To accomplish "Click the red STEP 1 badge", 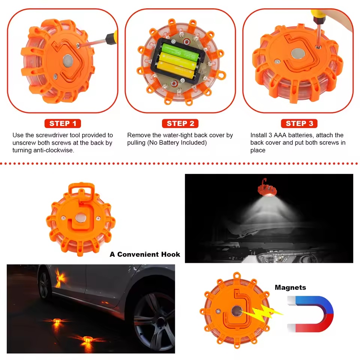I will tap(63, 123).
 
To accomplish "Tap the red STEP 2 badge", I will tap(180, 123).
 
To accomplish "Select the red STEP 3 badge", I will tap(299, 123).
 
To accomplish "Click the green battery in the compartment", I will tap(179, 51).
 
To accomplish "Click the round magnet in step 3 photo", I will tap(297, 54).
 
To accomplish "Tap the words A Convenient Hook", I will tap(145, 254).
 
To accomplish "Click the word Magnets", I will tap(290, 288).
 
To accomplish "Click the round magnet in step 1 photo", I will tap(68, 59).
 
